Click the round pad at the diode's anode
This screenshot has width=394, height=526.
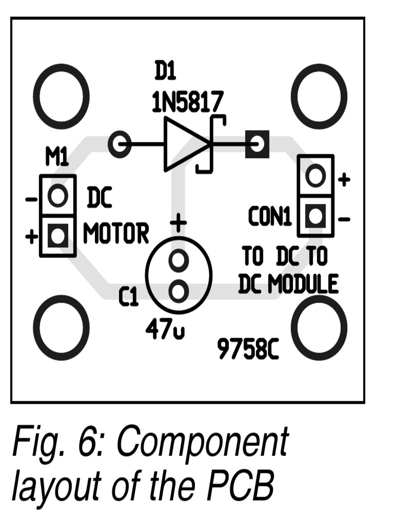click(x=121, y=144)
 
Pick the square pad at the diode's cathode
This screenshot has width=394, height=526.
click(x=258, y=144)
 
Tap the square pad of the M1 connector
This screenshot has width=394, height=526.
click(x=58, y=236)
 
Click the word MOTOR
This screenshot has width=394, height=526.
click(x=116, y=234)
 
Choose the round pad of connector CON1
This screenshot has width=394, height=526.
click(x=316, y=176)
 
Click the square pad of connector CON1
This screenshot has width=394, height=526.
click(x=316, y=216)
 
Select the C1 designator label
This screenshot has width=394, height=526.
click(x=128, y=297)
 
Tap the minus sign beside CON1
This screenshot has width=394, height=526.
click(x=344, y=220)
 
